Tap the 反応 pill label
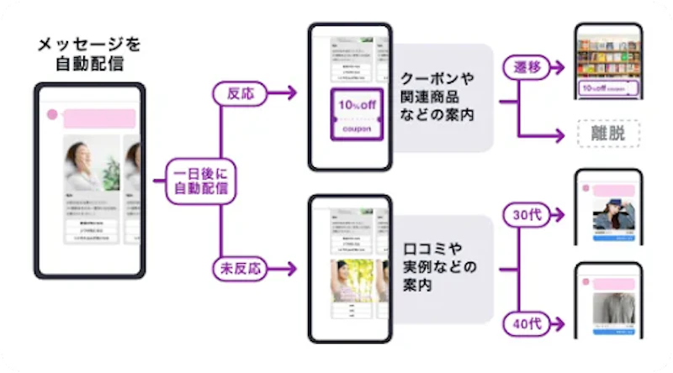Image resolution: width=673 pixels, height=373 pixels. [x=239, y=93]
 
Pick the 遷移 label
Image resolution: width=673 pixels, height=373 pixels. [x=528, y=66]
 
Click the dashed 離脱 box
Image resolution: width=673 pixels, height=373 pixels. [x=608, y=133]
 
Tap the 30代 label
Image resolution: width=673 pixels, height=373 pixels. [x=527, y=215]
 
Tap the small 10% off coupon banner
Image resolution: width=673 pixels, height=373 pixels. [x=608, y=87]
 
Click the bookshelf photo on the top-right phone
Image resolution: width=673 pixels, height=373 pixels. [x=608, y=52]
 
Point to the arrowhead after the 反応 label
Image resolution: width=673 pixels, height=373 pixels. [x=291, y=93]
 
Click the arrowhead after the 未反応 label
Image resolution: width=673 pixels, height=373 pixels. [x=291, y=269]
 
